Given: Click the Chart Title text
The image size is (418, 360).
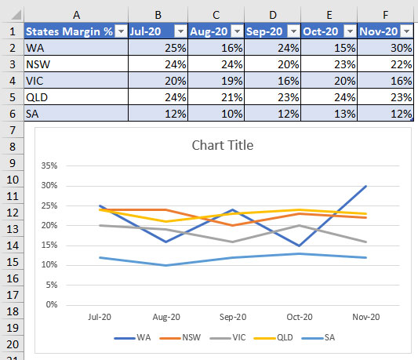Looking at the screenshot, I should (x=223, y=145).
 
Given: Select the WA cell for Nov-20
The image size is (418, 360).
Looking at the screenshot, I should (x=384, y=48).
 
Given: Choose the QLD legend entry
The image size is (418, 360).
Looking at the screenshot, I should (x=278, y=338).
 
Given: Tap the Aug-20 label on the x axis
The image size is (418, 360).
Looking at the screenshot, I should (x=165, y=317).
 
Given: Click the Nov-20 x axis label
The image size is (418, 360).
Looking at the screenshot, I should (x=365, y=317).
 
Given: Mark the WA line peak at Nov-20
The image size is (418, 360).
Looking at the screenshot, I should (x=365, y=186).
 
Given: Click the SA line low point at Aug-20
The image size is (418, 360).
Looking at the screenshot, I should (x=165, y=265).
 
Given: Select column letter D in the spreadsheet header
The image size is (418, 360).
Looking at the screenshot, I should (x=272, y=14).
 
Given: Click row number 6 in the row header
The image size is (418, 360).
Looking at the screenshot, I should (x=12, y=114).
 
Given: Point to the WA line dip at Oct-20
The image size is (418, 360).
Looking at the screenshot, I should (x=300, y=245).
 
